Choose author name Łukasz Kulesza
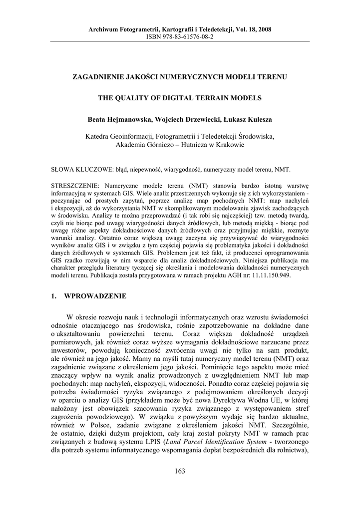click(x=244, y=120)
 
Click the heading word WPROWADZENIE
click(x=95, y=296)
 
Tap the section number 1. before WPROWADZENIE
click(x=54, y=296)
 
